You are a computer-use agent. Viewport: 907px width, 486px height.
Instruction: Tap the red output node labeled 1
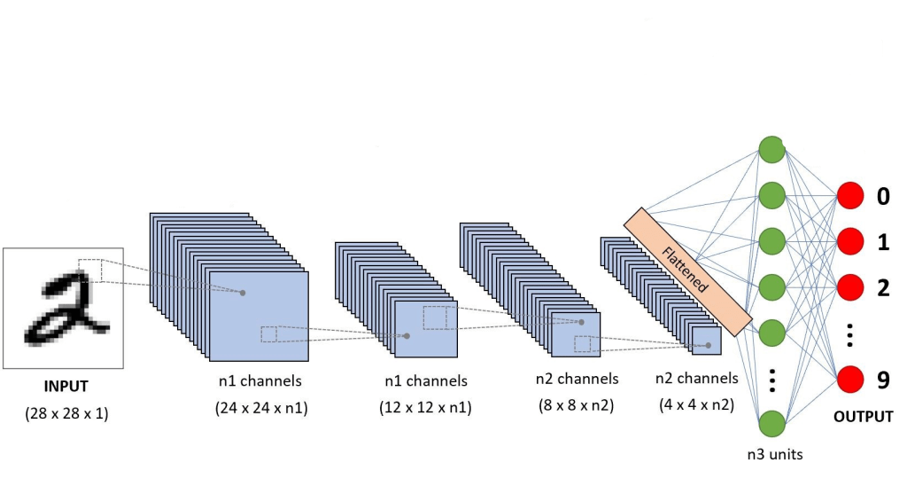coord(850,241)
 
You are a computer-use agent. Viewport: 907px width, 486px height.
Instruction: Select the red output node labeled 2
coord(850,287)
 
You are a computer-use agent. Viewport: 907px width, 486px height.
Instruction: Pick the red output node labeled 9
coord(850,379)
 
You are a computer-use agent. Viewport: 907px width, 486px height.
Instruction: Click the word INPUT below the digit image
coord(66,387)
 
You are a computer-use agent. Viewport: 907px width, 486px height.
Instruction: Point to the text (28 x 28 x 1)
coord(66,413)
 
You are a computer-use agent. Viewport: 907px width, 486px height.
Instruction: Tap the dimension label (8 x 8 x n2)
coord(576,405)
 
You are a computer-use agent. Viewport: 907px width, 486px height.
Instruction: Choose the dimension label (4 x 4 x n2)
coord(696,405)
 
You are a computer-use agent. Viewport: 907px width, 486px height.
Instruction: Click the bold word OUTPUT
coord(862,416)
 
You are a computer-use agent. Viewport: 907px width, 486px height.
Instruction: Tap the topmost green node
coord(771,150)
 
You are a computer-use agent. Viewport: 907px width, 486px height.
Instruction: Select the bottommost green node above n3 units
coord(771,424)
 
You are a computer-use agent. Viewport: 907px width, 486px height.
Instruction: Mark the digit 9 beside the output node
coord(883,380)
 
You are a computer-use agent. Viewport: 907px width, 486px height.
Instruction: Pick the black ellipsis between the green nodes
coord(771,379)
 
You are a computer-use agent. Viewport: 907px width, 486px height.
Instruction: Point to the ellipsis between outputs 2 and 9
coord(850,334)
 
